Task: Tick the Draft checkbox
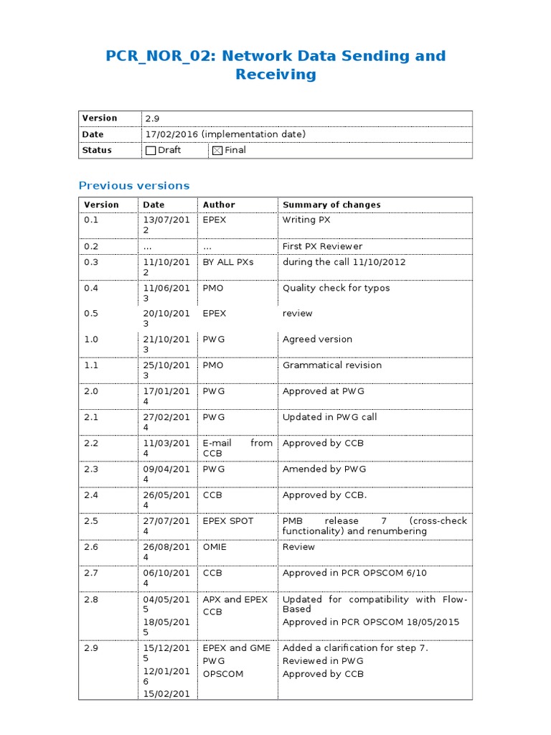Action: tap(151, 151)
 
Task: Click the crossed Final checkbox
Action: tap(217, 151)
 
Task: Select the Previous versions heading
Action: tap(134, 185)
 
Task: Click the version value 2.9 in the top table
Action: tap(152, 118)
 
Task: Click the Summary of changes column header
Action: tap(331, 205)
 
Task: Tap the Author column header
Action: tap(219, 205)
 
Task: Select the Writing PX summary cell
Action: tap(306, 220)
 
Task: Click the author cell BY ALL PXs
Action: tap(228, 262)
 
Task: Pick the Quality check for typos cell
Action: tap(336, 288)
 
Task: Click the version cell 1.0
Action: tap(91, 340)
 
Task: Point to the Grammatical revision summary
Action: tap(331, 365)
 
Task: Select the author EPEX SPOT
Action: tap(228, 521)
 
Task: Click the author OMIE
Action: tap(215, 547)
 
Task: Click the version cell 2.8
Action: tap(91, 599)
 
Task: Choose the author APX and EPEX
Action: tap(235, 599)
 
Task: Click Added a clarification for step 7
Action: tap(355, 648)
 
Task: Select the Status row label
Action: tap(97, 150)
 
